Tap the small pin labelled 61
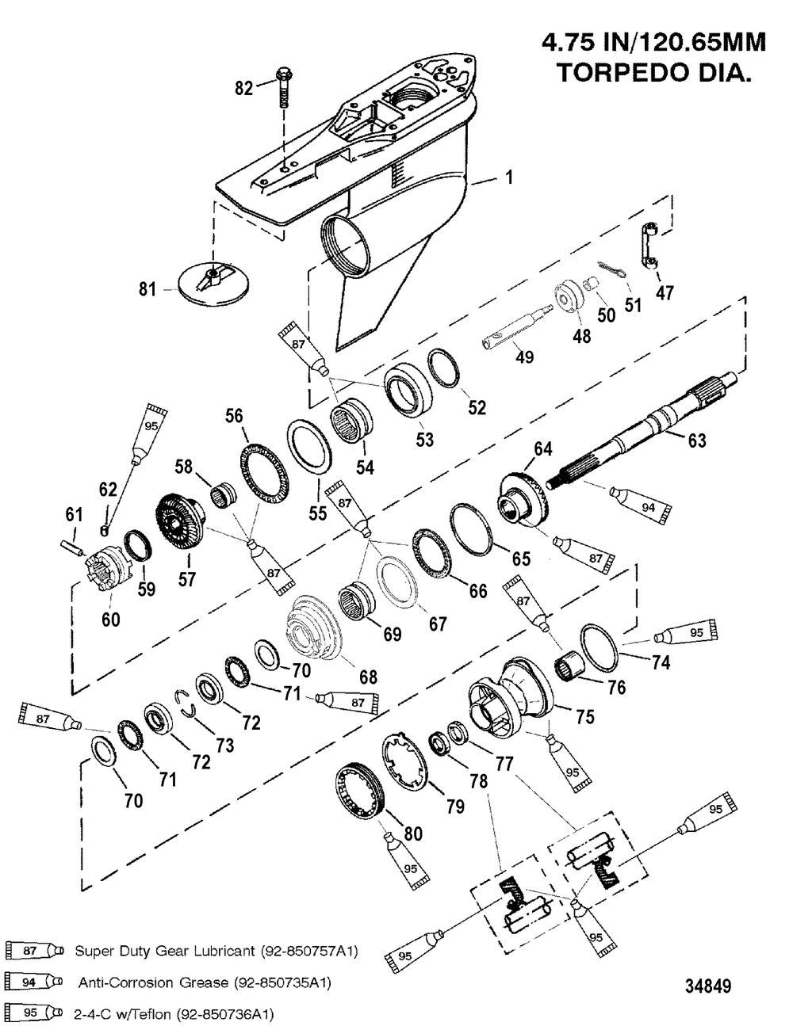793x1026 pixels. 72,546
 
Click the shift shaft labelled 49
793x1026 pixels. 520,326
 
